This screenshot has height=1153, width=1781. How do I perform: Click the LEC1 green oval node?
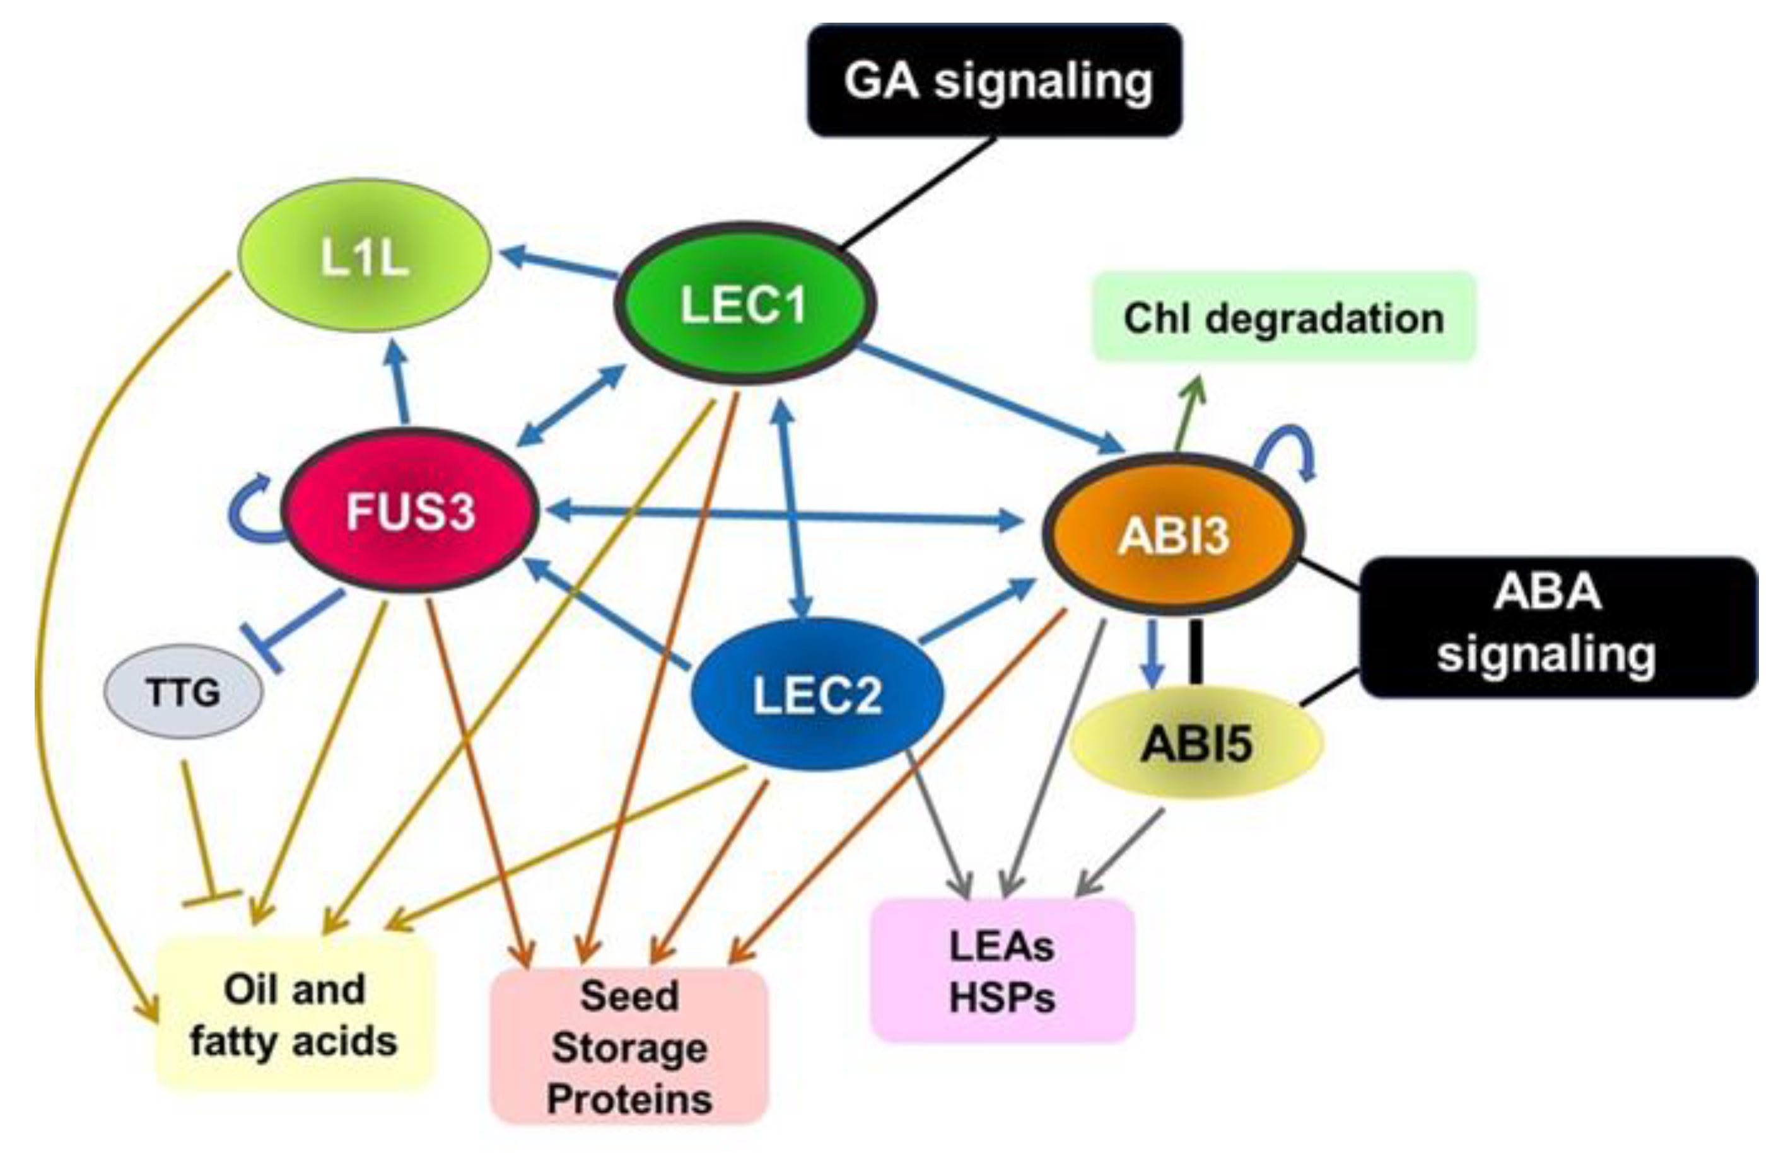pyautogui.click(x=745, y=303)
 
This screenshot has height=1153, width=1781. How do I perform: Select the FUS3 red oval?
pyautogui.click(x=410, y=510)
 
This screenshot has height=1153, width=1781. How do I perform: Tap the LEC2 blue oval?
pyautogui.click(x=817, y=694)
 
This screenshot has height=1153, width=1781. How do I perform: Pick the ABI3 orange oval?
pyautogui.click(x=1174, y=533)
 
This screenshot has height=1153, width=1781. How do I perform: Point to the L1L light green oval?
pyautogui.click(x=365, y=255)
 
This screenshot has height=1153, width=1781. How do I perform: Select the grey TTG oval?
pyautogui.click(x=184, y=692)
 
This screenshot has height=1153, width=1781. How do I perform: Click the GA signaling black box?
pyautogui.click(x=995, y=80)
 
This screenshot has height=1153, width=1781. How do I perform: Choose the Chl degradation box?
pyautogui.click(x=1284, y=317)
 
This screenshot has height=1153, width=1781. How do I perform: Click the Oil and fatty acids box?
pyautogui.click(x=295, y=1014)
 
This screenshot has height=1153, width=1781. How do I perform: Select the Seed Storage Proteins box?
pyautogui.click(x=629, y=1046)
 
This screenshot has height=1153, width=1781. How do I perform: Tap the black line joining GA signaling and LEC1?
pyautogui.click(x=918, y=192)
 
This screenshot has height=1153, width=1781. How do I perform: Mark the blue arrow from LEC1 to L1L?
pyautogui.click(x=560, y=264)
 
